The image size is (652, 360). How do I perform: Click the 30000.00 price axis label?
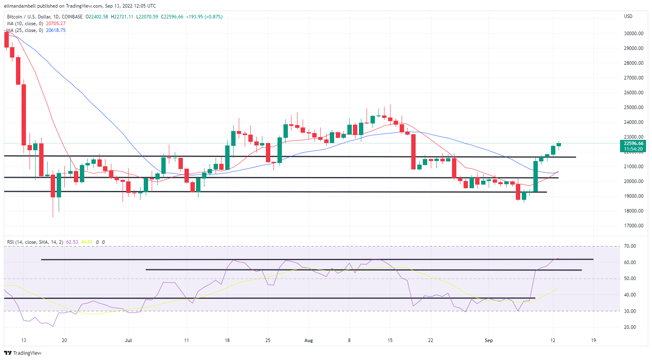(633, 34)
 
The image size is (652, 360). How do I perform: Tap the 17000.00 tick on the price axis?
(633, 226)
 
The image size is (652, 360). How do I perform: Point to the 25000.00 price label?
(633, 107)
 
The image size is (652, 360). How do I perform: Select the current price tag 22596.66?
(633, 143)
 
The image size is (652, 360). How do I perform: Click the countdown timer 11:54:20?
(633, 149)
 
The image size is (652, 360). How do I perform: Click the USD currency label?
(628, 16)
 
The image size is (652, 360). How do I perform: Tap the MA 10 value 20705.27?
(55, 24)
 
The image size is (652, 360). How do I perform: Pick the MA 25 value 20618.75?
(55, 30)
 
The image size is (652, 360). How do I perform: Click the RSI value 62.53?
(72, 242)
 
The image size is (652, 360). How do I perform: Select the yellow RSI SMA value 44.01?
(87, 242)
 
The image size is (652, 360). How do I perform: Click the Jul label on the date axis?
(128, 340)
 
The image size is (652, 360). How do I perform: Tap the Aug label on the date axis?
(309, 340)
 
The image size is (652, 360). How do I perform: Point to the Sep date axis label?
(489, 340)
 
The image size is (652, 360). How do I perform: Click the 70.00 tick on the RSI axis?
(630, 246)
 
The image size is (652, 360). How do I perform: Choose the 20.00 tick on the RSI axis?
(630, 327)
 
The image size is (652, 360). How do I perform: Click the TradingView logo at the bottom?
(23, 353)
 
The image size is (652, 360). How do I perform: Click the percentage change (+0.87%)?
(214, 17)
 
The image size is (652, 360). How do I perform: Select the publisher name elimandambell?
(20, 6)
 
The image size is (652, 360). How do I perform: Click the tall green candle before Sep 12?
(535, 176)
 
